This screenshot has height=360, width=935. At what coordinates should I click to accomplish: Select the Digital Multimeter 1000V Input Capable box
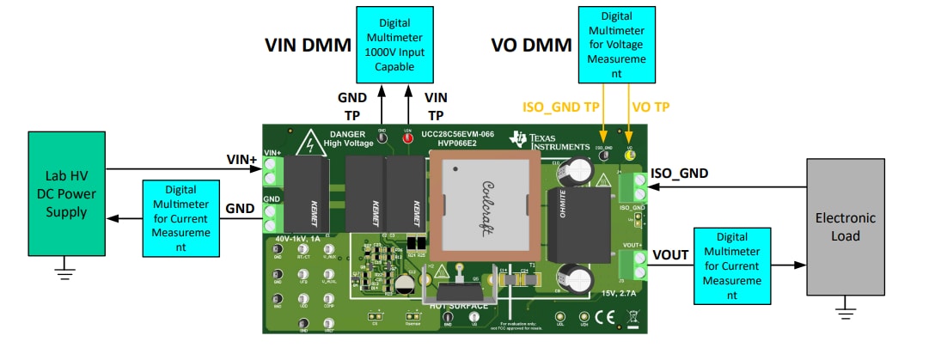394,44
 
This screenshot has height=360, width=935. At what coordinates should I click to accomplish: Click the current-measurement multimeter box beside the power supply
180,217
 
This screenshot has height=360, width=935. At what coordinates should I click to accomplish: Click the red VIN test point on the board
407,136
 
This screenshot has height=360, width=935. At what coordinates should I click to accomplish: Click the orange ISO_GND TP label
561,107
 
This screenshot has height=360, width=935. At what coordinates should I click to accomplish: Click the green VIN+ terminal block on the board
273,172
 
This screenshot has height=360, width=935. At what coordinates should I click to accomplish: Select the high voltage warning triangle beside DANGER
307,143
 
